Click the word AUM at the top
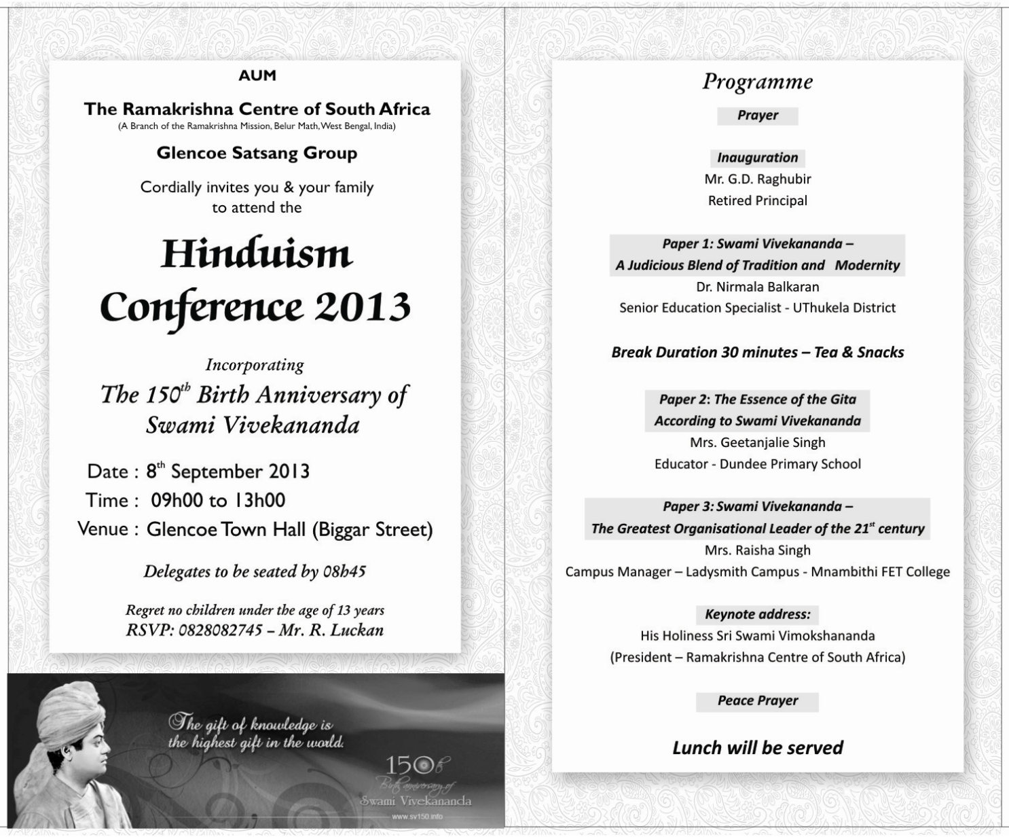pyautogui.click(x=257, y=75)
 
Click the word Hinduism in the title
pyautogui.click(x=257, y=254)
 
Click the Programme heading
pyautogui.click(x=757, y=82)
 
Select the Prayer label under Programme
pyautogui.click(x=757, y=115)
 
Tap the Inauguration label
pyautogui.click(x=757, y=158)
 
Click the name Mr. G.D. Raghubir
pyautogui.click(x=757, y=179)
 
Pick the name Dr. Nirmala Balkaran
pyautogui.click(x=757, y=287)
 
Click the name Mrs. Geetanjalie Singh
pyautogui.click(x=757, y=442)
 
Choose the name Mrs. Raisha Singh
pyautogui.click(x=757, y=550)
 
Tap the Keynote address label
pyautogui.click(x=757, y=614)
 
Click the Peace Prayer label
pyautogui.click(x=757, y=700)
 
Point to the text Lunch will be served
pyautogui.click(x=757, y=748)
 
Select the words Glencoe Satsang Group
pyautogui.click(x=257, y=153)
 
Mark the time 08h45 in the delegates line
pyautogui.click(x=344, y=571)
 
